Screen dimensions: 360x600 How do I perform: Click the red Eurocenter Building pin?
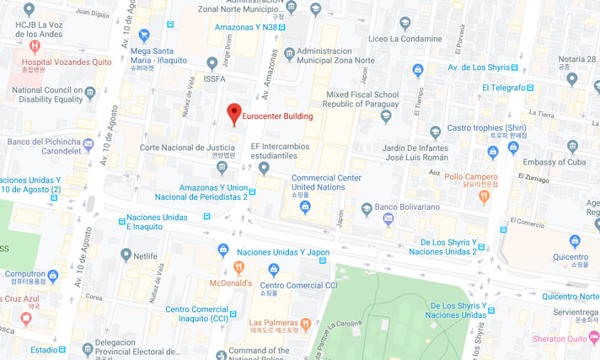click(x=234, y=114)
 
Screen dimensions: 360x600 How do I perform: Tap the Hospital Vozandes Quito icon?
click(x=34, y=46)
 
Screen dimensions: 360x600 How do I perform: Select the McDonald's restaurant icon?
click(x=239, y=268)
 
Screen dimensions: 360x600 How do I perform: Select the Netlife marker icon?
click(x=126, y=254)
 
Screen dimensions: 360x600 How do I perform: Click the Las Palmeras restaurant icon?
click(x=306, y=323)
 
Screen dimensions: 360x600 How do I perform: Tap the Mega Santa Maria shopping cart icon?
click(x=144, y=35)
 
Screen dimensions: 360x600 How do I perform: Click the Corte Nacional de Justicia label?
click(x=186, y=147)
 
